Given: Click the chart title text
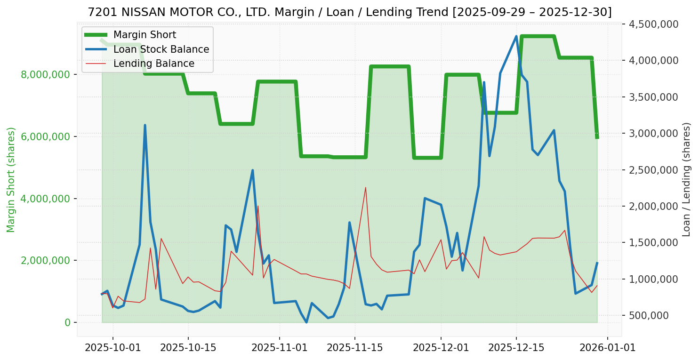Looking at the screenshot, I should (x=349, y=12).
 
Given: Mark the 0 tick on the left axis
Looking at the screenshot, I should (x=68, y=322).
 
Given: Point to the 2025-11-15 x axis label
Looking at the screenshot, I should (x=354, y=348).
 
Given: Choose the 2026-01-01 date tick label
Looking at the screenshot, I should (x=607, y=348).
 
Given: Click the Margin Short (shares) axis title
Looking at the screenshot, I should (x=11, y=179).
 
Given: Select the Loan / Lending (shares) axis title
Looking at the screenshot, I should (x=686, y=179).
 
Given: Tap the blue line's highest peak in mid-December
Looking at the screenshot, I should (x=516, y=36).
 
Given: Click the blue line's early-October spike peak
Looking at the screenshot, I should (x=145, y=125).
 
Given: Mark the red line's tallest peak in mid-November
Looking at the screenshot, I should (x=365, y=187).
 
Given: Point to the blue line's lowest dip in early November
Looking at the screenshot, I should (x=306, y=322).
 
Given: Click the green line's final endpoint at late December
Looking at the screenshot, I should (x=597, y=138).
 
